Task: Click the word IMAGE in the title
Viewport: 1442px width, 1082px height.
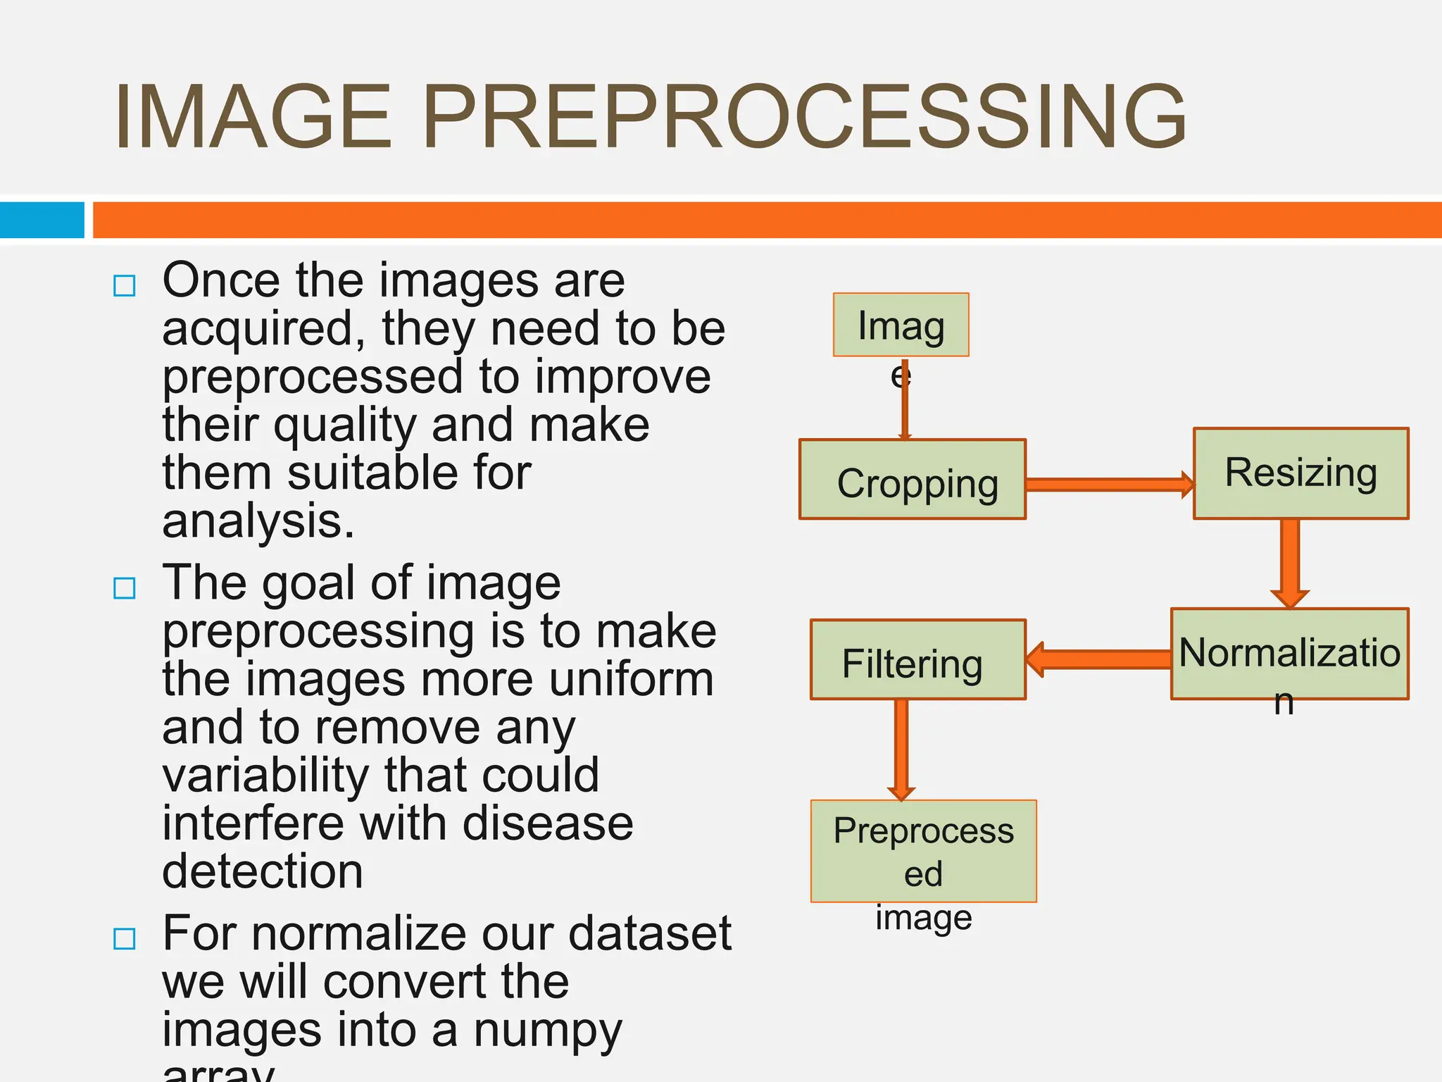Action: click(x=252, y=117)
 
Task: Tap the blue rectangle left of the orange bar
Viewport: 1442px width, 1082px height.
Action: click(x=42, y=220)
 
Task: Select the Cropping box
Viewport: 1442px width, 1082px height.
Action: click(x=912, y=480)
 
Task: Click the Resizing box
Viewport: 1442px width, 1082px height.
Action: click(x=1300, y=473)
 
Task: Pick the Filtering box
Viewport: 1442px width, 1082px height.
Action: click(x=917, y=660)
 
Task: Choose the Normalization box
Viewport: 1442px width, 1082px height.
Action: click(x=1289, y=654)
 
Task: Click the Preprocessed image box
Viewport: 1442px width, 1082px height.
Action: click(x=923, y=851)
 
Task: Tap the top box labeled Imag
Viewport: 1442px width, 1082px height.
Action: click(x=901, y=325)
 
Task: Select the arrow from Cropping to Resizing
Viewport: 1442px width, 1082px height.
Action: click(x=1109, y=484)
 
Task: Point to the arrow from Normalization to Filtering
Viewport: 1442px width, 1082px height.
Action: click(x=1098, y=659)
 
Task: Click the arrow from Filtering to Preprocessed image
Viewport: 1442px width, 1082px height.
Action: click(x=901, y=749)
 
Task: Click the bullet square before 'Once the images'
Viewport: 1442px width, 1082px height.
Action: click(x=125, y=286)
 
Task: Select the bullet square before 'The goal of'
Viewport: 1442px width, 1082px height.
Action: click(x=125, y=587)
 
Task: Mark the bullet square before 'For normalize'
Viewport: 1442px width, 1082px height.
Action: click(x=125, y=938)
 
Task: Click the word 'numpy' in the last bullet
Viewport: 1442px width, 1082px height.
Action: click(x=547, y=1031)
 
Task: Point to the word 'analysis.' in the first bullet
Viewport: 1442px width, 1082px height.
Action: click(x=258, y=521)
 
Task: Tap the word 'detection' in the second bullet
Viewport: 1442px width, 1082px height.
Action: click(x=263, y=871)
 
